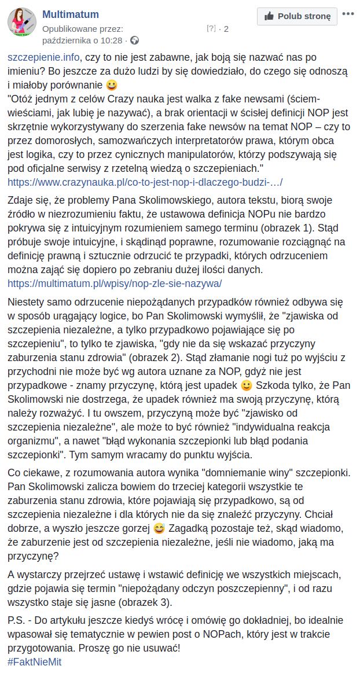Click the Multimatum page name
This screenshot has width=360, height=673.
click(x=71, y=14)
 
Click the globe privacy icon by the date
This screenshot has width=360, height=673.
click(x=135, y=40)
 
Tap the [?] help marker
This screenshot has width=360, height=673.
click(x=211, y=28)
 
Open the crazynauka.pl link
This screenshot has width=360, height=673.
click(x=145, y=182)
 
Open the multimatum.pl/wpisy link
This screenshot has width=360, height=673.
click(x=115, y=284)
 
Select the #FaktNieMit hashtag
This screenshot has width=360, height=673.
click(x=35, y=661)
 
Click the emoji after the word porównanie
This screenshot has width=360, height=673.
click(x=112, y=86)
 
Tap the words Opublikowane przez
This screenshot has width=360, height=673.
click(x=83, y=28)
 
